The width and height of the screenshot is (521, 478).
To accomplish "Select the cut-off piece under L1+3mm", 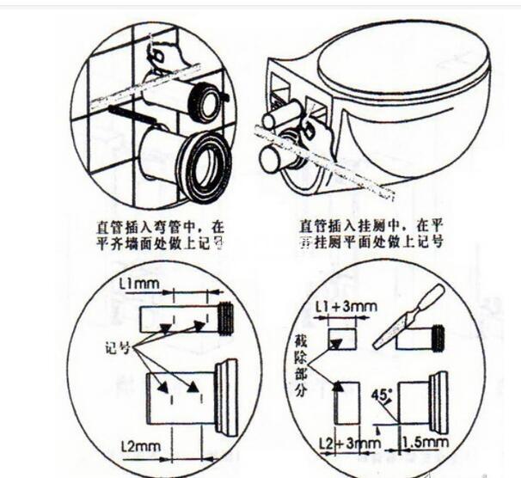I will [x=341, y=338].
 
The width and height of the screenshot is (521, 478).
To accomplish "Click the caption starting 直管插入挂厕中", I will [x=371, y=234].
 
